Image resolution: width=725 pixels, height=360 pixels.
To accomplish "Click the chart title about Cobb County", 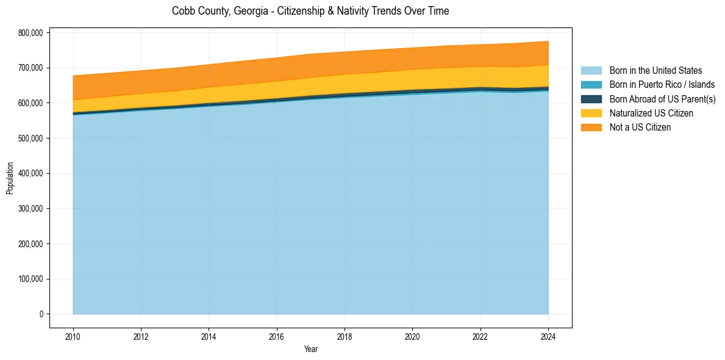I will pos(310,11).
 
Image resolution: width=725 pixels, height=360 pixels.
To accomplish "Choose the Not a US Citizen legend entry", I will pos(640,127).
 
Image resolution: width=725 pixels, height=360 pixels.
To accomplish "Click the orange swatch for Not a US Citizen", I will pos(591,127).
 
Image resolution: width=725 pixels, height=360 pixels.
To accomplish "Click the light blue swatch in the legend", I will pos(591,71).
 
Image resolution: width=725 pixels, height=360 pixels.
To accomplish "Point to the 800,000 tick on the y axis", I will pos(31,33).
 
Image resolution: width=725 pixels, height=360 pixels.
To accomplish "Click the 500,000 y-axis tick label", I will pos(31,139).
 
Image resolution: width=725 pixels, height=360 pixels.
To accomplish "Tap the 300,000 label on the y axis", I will pos(31,209).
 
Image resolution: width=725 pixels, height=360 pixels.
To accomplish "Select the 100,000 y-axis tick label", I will pos(31,279).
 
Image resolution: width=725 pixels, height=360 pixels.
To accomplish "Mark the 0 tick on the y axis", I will pos(41,314).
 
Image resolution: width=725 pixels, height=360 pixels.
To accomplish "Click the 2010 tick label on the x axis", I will pos(73,336).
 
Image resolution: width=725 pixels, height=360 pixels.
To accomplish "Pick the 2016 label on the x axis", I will pos(277,336).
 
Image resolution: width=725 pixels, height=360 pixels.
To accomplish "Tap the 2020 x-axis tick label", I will pos(413,336).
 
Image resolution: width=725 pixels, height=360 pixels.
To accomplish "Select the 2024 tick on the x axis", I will pos(549,336).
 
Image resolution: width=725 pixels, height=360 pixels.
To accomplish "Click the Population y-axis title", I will pos(10,178).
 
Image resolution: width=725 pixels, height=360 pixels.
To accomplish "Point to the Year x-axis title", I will pos(310,350).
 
